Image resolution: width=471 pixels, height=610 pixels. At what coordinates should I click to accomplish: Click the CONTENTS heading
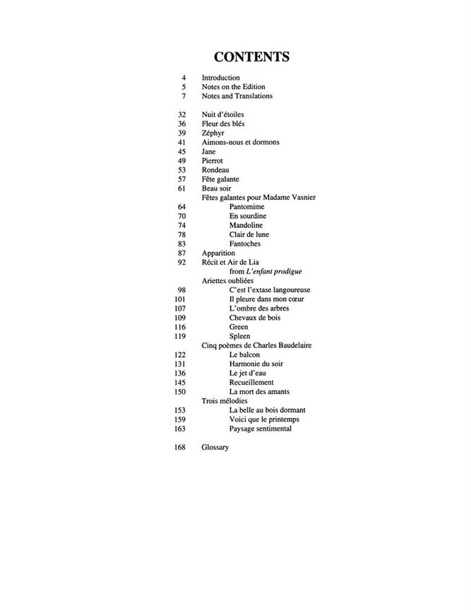coord(251,57)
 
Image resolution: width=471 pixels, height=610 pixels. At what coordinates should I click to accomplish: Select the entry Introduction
coord(221,78)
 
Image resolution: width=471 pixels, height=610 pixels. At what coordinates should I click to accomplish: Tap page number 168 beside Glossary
coord(179,448)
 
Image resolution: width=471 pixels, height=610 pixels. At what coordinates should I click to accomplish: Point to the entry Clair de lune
coord(249,234)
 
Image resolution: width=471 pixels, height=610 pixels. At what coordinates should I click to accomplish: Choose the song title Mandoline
coord(246,225)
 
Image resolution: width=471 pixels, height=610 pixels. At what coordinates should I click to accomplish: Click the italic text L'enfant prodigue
coord(269,271)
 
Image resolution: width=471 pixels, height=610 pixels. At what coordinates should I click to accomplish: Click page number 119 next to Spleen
coord(179,337)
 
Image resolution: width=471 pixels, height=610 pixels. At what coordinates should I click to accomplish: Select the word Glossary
coord(215,448)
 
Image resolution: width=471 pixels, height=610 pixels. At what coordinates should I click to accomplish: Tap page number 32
coord(181,114)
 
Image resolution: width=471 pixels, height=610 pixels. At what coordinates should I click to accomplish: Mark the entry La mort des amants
coord(259,392)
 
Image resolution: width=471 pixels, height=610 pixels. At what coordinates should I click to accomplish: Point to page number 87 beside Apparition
coord(181,253)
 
